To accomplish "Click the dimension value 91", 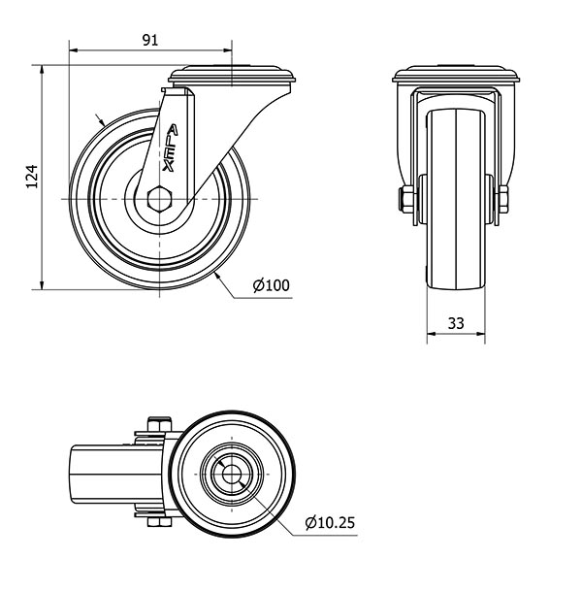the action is tap(150, 40).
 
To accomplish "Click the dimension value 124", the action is tap(32, 177).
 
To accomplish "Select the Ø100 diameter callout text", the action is tap(272, 285).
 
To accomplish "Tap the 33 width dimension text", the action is tap(456, 323).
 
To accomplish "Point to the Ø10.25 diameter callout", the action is tap(330, 522).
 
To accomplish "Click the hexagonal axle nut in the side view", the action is tap(160, 198).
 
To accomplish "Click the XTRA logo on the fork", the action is tap(170, 148).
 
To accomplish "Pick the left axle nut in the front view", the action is tap(406, 199).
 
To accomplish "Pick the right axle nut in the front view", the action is tap(503, 199).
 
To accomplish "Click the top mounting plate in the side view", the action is tap(232, 75).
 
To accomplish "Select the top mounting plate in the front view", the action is tap(456, 75).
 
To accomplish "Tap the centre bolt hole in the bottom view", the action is tap(232, 474).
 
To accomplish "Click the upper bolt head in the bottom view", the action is tap(159, 424).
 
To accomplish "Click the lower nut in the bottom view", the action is tap(159, 522).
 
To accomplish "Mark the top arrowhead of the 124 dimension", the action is tap(42, 70).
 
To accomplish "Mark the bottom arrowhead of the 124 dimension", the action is tap(42, 284).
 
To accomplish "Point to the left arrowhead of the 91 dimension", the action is tap(74, 50).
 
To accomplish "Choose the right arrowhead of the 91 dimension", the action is tap(227, 50).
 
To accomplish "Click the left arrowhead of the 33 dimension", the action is tap(432, 334).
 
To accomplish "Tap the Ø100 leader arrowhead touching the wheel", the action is tap(218, 276).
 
